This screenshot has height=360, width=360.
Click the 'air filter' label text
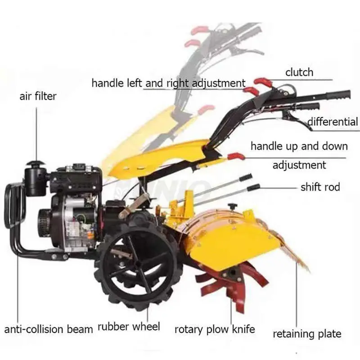tap(38, 96)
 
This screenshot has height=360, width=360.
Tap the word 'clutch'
tap(299, 72)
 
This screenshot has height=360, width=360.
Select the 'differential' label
tap(333, 121)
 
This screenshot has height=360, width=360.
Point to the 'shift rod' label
tap(320, 187)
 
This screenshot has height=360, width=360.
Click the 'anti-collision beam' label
tap(49, 329)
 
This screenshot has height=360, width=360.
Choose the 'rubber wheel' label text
tap(129, 327)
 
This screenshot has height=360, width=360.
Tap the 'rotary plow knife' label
tap(215, 329)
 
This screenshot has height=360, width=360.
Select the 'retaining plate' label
tap(307, 334)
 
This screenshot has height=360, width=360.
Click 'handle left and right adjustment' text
tap(168, 83)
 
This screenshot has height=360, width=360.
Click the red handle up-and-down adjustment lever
tap(236, 156)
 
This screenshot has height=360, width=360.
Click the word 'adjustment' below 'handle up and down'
tap(299, 165)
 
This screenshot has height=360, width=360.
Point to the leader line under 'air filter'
tap(37, 134)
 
